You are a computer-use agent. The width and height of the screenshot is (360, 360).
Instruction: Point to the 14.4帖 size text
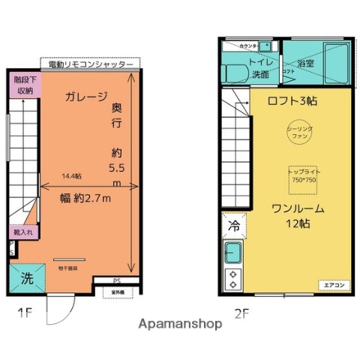[x=72, y=176]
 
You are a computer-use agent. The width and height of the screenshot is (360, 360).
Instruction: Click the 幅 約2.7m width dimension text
[x=85, y=198]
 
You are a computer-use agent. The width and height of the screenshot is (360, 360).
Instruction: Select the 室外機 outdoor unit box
[x=117, y=292]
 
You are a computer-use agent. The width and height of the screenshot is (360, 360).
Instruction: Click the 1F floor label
[x=26, y=313]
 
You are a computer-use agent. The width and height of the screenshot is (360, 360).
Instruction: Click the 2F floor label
[x=241, y=315]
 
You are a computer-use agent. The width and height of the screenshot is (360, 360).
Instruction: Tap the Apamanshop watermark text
[x=180, y=325]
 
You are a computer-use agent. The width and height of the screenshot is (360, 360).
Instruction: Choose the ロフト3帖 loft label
[x=292, y=100]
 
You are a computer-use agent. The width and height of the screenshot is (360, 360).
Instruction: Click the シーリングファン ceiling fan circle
[x=300, y=134]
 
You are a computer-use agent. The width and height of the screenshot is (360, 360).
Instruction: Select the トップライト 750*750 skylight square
[x=301, y=177]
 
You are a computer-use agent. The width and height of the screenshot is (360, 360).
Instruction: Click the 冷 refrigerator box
[x=232, y=224]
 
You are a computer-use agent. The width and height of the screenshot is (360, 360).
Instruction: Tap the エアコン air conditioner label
[x=334, y=285]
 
